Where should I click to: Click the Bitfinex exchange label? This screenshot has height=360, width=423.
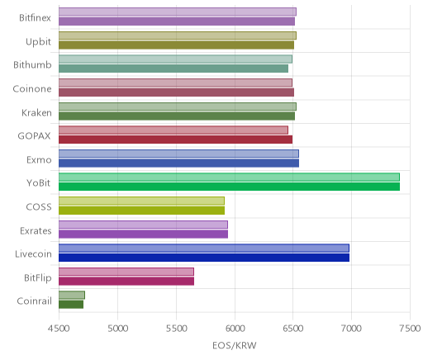click(35, 18)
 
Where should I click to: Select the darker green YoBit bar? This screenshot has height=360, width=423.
click(229, 187)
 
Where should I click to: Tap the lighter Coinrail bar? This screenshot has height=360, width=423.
click(72, 295)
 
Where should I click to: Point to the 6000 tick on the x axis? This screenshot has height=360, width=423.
click(235, 329)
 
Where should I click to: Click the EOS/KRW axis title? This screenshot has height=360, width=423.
click(235, 345)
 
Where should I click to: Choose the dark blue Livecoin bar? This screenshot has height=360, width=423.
click(204, 258)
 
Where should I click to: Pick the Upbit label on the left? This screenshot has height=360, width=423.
click(38, 42)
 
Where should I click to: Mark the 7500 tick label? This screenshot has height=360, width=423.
click(411, 329)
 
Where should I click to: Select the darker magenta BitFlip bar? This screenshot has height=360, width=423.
click(126, 281)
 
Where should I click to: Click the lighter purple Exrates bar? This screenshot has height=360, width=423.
click(143, 225)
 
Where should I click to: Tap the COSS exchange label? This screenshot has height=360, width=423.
click(39, 207)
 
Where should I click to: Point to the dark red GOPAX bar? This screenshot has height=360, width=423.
click(175, 140)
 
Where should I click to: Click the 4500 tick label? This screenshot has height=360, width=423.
click(59, 329)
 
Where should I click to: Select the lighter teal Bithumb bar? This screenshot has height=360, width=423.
click(175, 59)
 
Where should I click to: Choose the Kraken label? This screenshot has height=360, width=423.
click(36, 113)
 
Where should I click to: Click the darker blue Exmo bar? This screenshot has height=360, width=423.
click(178, 163)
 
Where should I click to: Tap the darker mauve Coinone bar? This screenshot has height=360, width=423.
click(176, 92)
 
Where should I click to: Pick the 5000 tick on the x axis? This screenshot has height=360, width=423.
click(118, 329)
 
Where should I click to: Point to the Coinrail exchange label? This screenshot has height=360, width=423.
click(35, 301)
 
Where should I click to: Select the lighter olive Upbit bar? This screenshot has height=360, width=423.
click(178, 36)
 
